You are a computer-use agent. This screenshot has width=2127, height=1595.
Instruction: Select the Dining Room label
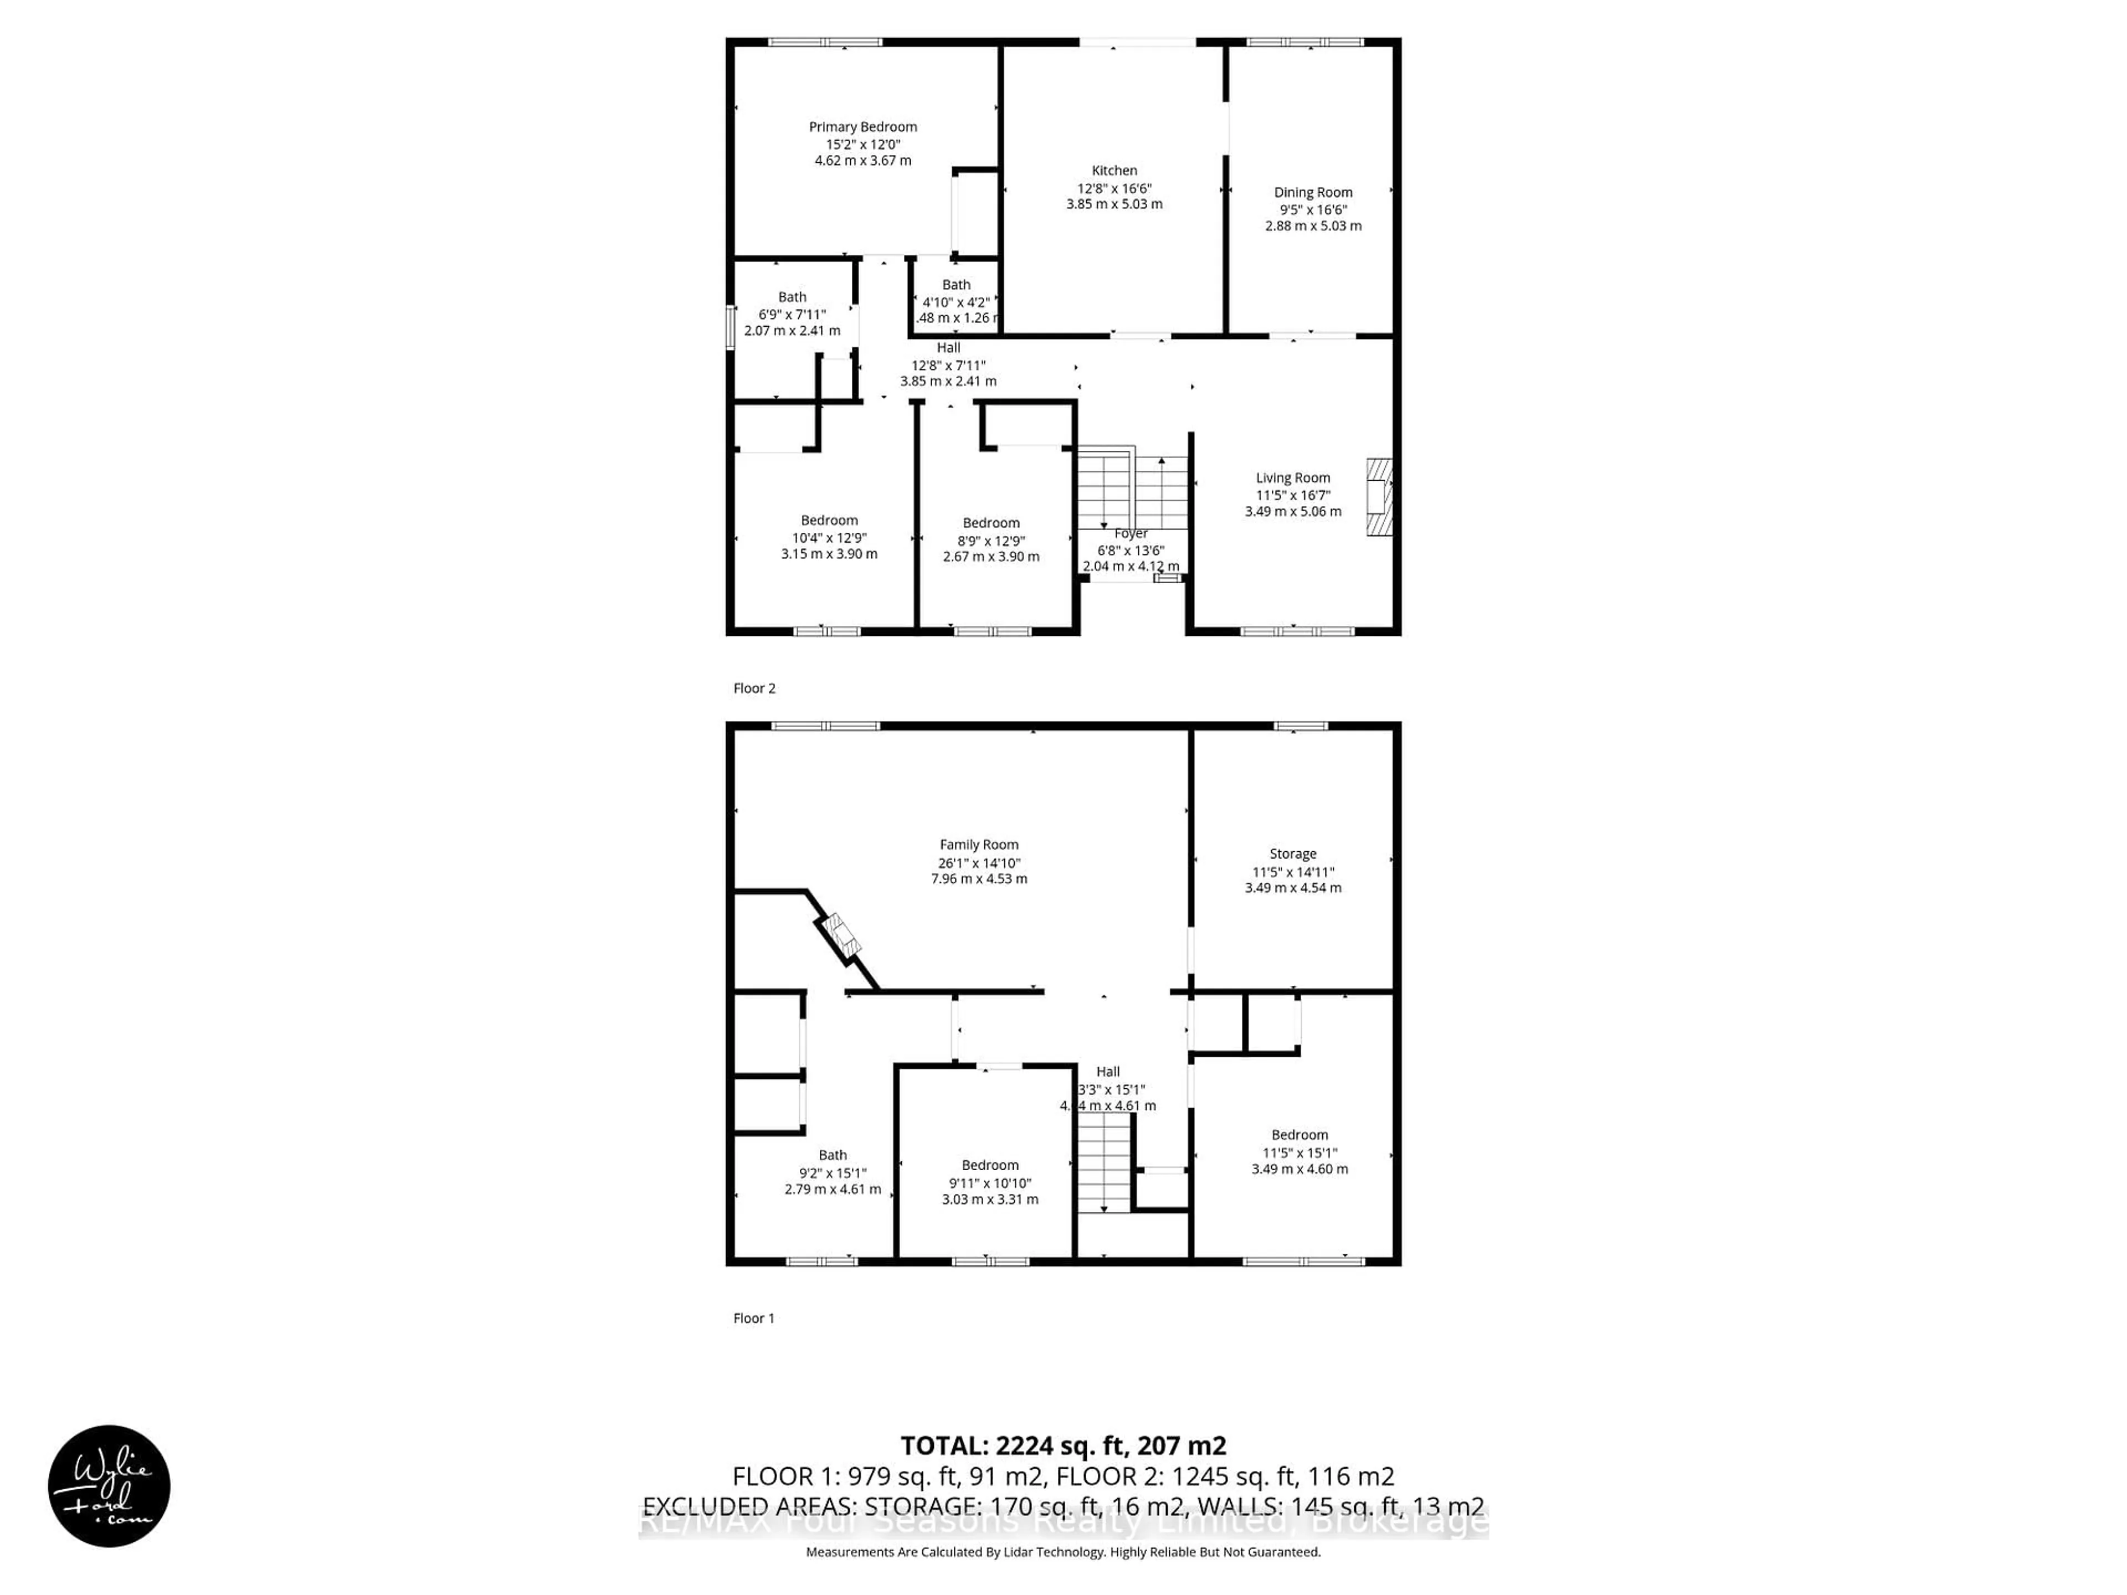[1313, 192]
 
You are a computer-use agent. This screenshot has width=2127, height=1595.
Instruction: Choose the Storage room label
[1292, 854]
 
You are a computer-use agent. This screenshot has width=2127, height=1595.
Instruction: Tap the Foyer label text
[1131, 533]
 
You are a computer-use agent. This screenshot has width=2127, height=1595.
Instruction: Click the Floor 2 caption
[754, 688]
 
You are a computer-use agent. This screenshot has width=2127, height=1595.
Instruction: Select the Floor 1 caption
[753, 1318]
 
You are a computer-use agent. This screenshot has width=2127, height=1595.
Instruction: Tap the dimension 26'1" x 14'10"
[979, 862]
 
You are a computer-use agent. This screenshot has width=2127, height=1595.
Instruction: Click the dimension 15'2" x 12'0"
[862, 144]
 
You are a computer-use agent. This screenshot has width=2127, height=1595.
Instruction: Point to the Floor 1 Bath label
[833, 1156]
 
